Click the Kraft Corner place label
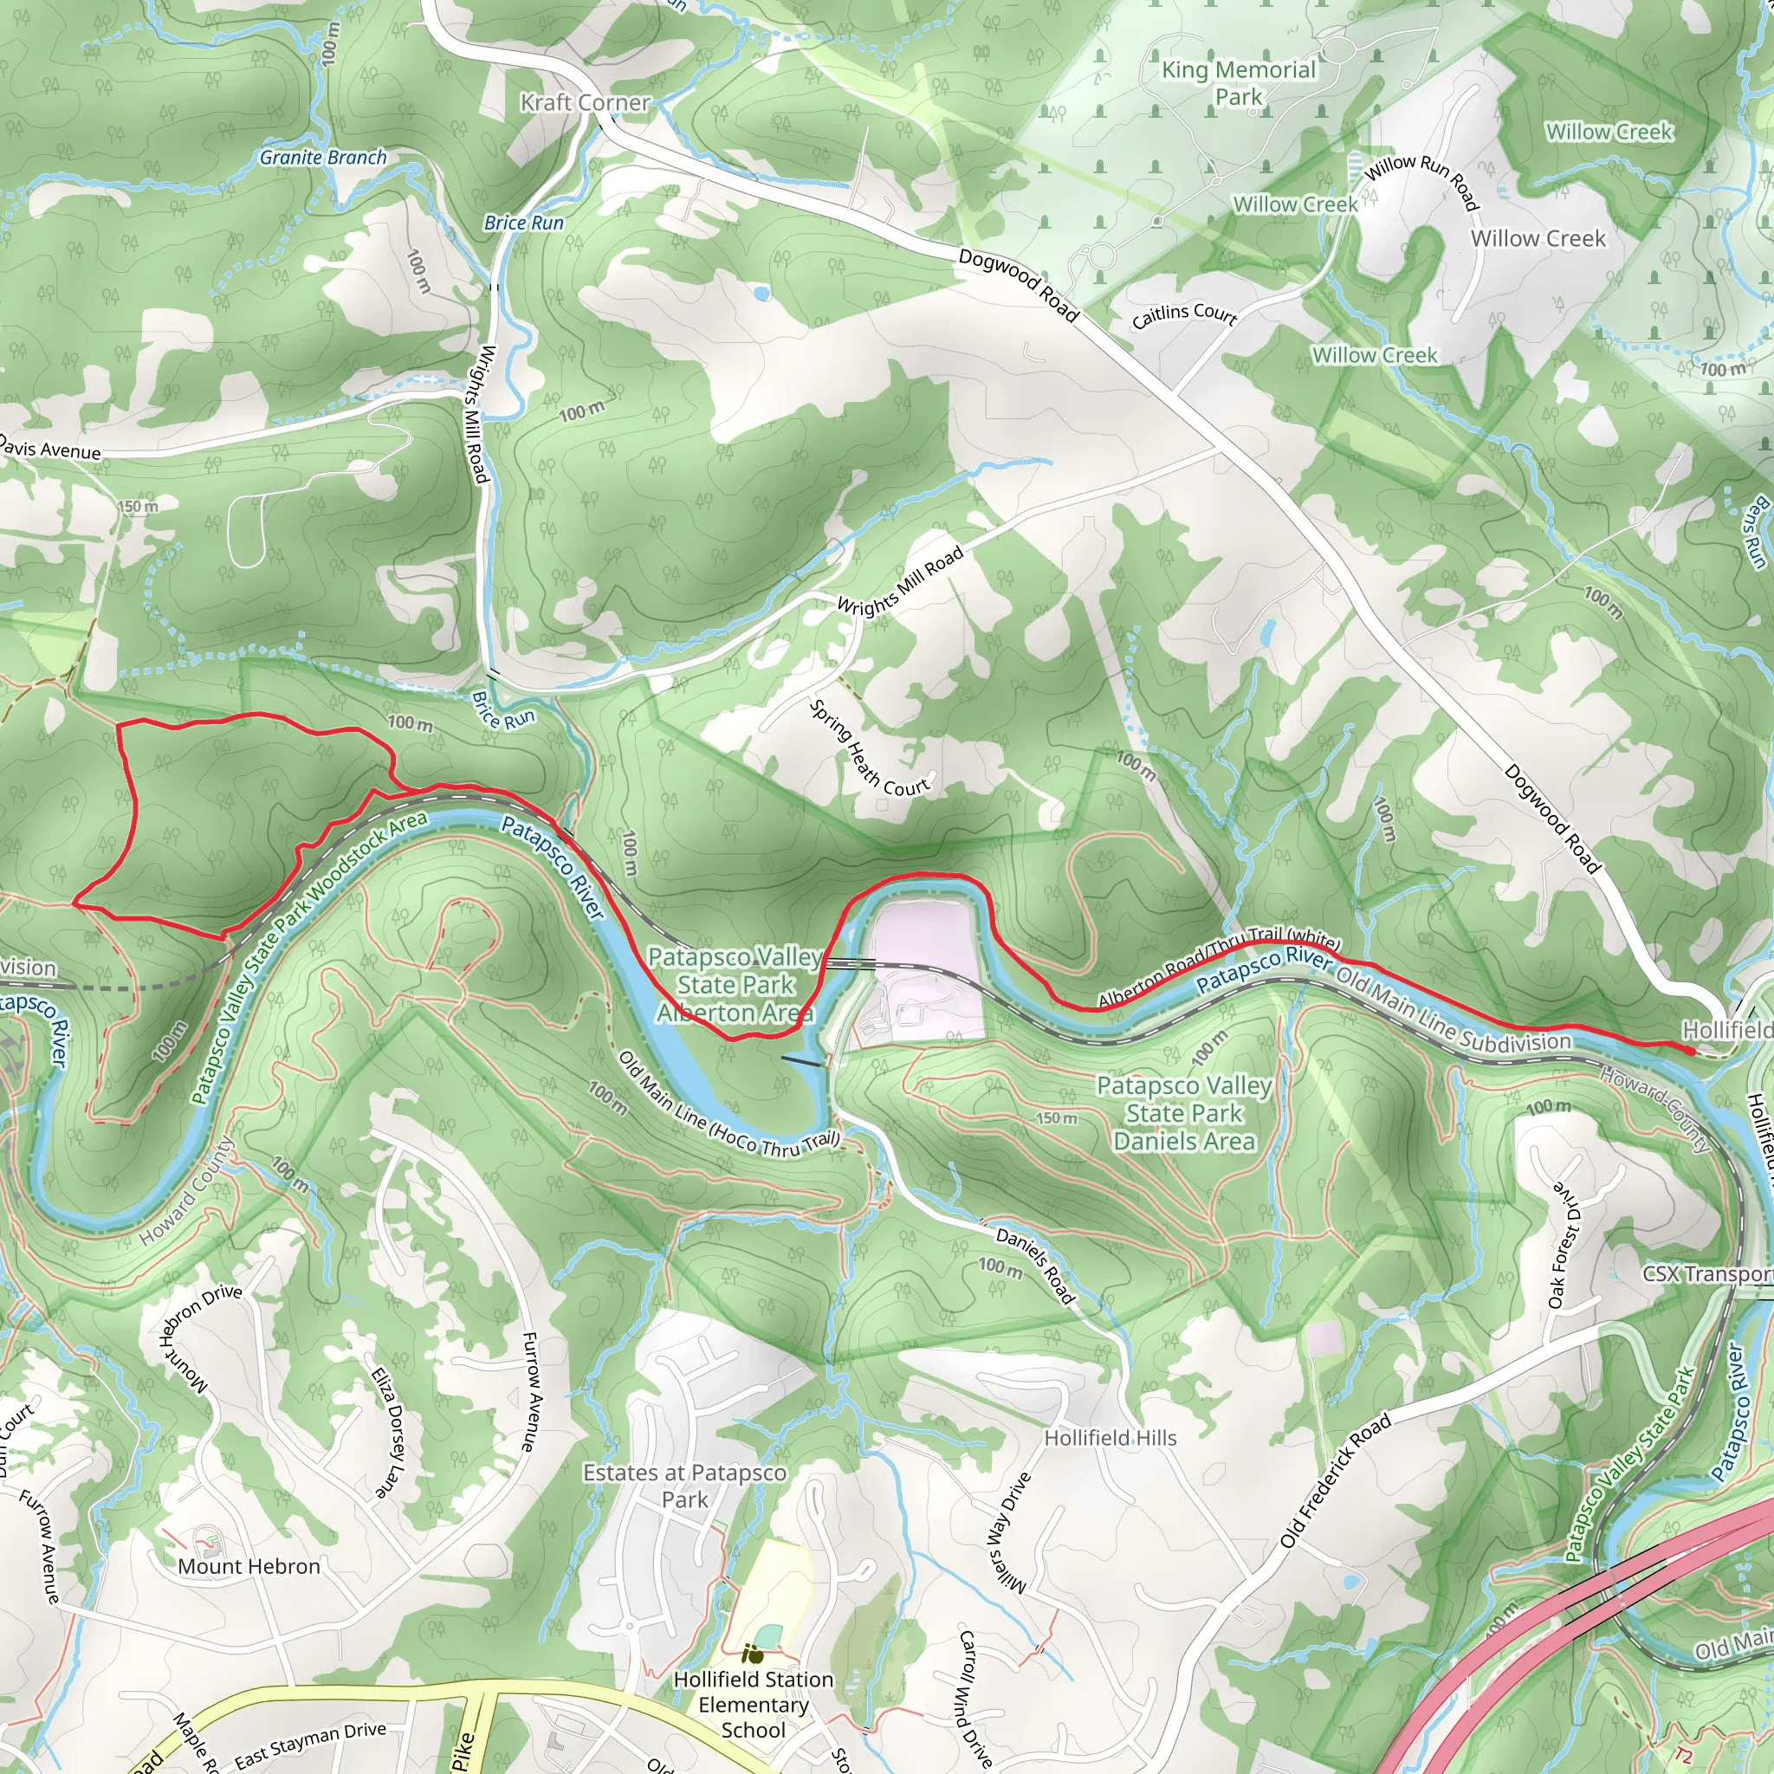pos(585,103)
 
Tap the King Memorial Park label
pos(1239,82)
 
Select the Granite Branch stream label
pos(323,157)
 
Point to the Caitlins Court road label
pos(1183,315)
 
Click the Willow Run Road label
pos(1421,180)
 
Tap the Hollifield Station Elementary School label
pos(754,1704)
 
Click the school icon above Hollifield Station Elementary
pos(753,1654)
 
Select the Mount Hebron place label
pos(249,1566)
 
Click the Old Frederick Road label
pos(1336,1480)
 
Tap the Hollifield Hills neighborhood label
pos(1110,1438)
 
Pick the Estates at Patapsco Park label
pos(685,1486)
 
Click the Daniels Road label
pos(1036,1266)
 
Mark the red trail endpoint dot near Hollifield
pos(1691,1052)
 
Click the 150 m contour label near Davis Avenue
pos(138,506)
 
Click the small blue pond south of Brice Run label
pos(761,294)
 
